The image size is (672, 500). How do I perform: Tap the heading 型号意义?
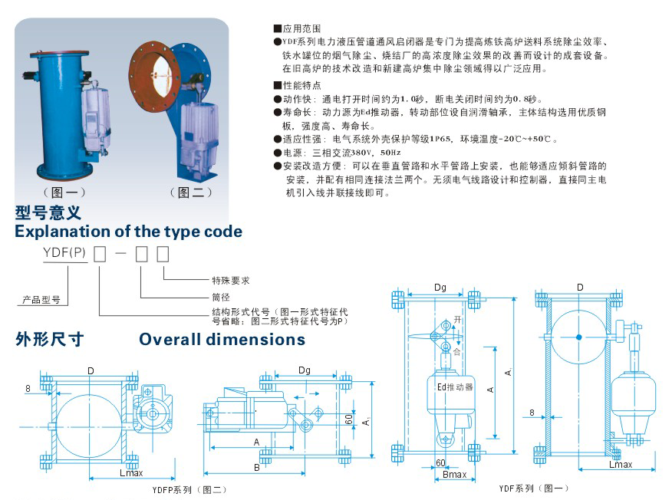pyautogui.click(x=48, y=212)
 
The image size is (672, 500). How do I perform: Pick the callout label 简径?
pyautogui.click(x=221, y=296)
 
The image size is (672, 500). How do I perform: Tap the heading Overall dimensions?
pyautogui.click(x=222, y=339)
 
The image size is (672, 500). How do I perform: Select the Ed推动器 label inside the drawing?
pyautogui.click(x=454, y=387)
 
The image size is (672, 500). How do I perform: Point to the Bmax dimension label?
pyautogui.click(x=454, y=475)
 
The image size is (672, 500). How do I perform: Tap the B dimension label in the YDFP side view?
pyautogui.click(x=256, y=466)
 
